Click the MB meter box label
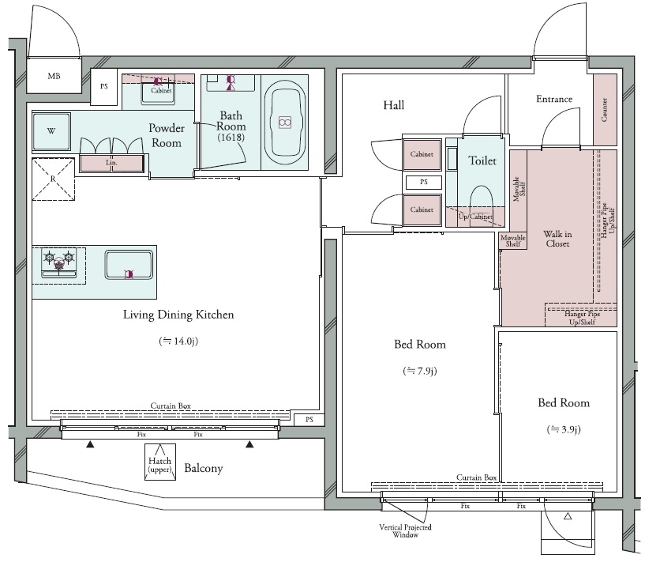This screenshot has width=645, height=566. click(x=54, y=76)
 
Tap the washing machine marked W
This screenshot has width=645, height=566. click(x=51, y=131)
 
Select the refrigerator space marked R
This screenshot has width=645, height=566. click(x=53, y=179)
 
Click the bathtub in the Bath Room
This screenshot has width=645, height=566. click(x=285, y=123)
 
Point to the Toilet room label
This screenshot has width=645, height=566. click(x=482, y=160)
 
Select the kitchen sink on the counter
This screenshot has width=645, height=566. click(x=129, y=265)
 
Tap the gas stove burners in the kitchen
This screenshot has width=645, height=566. click(x=59, y=262)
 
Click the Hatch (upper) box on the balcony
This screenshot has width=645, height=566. click(x=160, y=462)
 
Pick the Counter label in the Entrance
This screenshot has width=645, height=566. click(x=604, y=110)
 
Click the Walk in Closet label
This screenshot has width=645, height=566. click(x=557, y=239)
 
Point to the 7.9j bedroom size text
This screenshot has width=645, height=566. click(x=419, y=372)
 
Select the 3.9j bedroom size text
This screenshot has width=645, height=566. click(x=564, y=430)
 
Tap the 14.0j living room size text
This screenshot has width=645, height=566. click(x=178, y=341)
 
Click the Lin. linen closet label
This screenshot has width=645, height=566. click(x=111, y=163)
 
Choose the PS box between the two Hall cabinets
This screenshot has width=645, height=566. click(x=424, y=182)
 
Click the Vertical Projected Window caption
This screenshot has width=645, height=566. click(x=405, y=531)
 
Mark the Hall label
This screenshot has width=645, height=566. click(x=394, y=105)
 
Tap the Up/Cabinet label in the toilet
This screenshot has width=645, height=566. click(x=475, y=217)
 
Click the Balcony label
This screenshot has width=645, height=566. click(x=204, y=468)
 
